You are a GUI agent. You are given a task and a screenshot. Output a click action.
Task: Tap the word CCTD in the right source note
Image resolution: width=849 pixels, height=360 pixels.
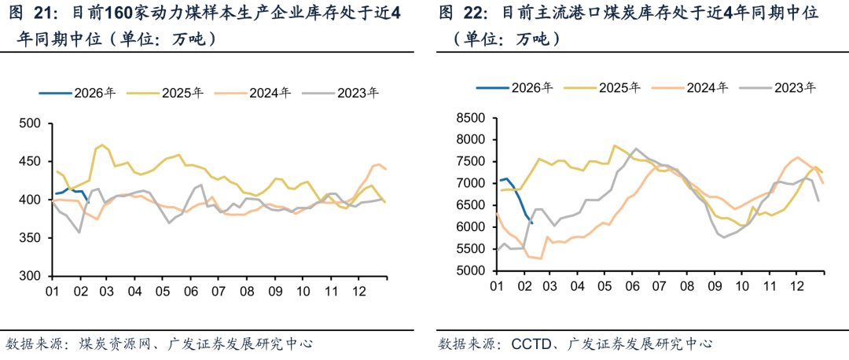[531, 343]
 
